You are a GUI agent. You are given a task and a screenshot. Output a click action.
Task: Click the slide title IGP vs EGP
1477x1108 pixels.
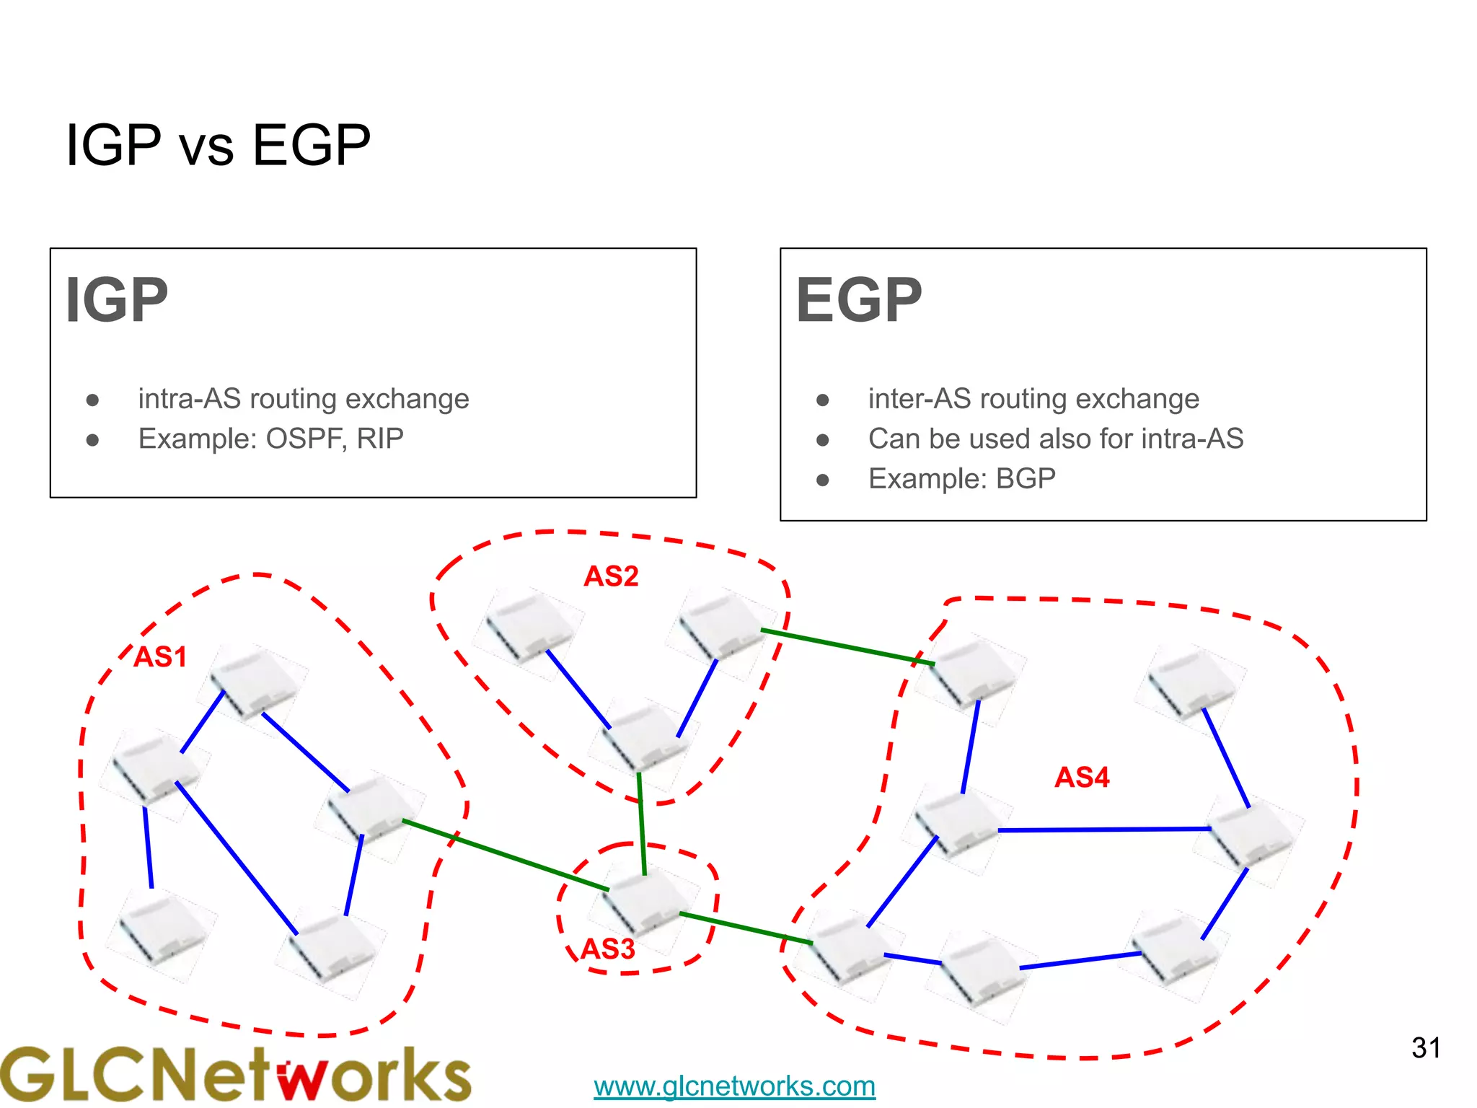[218, 145]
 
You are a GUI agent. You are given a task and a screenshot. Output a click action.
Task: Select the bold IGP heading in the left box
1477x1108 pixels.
[116, 300]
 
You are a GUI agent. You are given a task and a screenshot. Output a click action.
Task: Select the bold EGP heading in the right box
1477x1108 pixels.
[858, 300]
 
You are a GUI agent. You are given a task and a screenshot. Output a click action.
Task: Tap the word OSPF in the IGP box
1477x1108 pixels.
[303, 439]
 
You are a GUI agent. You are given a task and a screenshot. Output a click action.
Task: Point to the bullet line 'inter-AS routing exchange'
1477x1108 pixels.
[1033, 399]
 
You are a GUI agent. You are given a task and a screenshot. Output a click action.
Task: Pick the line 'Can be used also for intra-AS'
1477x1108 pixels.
[1055, 439]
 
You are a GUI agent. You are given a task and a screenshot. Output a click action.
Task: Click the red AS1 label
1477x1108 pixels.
[160, 657]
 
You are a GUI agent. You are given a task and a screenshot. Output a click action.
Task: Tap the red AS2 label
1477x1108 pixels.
[611, 576]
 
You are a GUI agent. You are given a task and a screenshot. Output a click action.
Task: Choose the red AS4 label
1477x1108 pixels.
[1082, 778]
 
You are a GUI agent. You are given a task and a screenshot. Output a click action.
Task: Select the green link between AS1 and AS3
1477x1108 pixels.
[505, 856]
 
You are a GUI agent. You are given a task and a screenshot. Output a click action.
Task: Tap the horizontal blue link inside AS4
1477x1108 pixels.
[1103, 830]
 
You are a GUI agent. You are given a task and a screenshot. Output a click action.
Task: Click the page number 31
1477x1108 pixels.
[1425, 1048]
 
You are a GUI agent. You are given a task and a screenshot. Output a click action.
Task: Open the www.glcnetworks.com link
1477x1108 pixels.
[734, 1086]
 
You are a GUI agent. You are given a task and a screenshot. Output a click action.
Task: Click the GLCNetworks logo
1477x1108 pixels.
[234, 1076]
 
